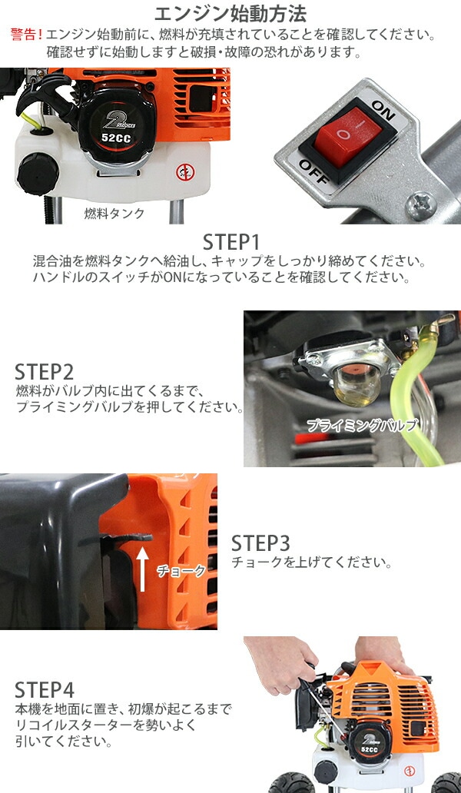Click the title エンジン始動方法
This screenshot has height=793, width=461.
pos(230,14)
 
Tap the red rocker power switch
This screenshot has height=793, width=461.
pos(346,134)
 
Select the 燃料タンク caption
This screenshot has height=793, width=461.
pos(114,214)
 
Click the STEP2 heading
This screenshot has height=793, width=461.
pos(45,372)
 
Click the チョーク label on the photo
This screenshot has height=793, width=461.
pos(181,571)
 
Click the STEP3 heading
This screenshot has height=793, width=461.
pos(261,543)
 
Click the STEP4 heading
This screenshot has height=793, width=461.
pos(45,688)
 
